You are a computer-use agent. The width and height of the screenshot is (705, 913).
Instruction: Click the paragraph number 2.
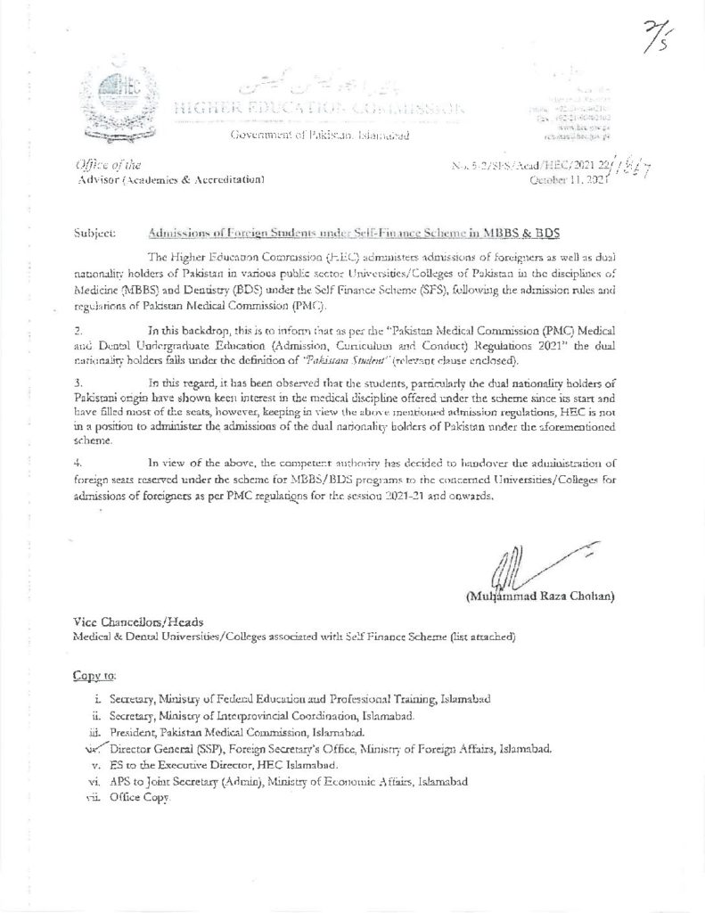77,330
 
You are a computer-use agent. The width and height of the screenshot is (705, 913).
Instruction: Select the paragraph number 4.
78,462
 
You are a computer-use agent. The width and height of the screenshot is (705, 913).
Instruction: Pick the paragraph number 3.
78,382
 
